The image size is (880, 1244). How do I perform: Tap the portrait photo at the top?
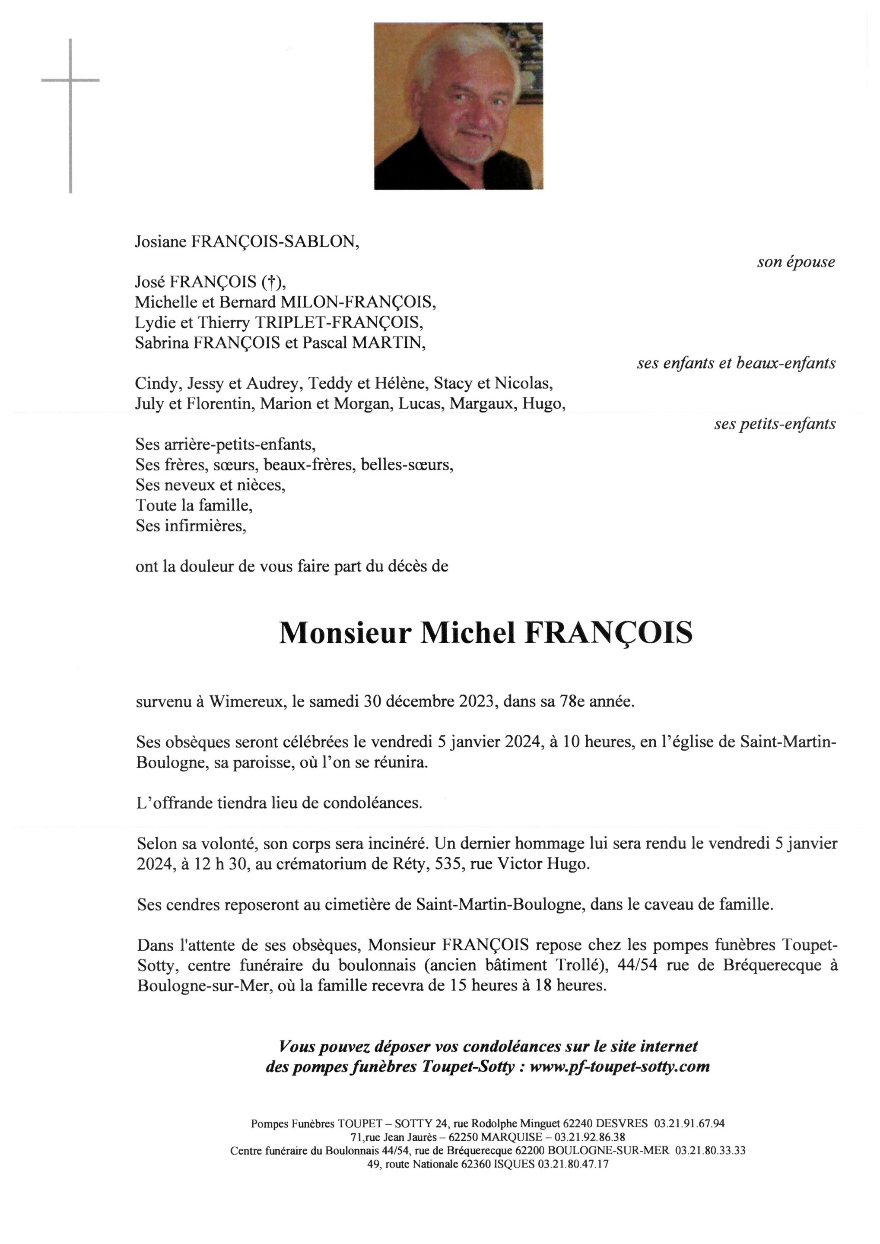pyautogui.click(x=458, y=106)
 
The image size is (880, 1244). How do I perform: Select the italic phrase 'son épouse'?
pyautogui.click(x=795, y=262)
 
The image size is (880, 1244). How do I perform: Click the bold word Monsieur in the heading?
pyautogui.click(x=345, y=633)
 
